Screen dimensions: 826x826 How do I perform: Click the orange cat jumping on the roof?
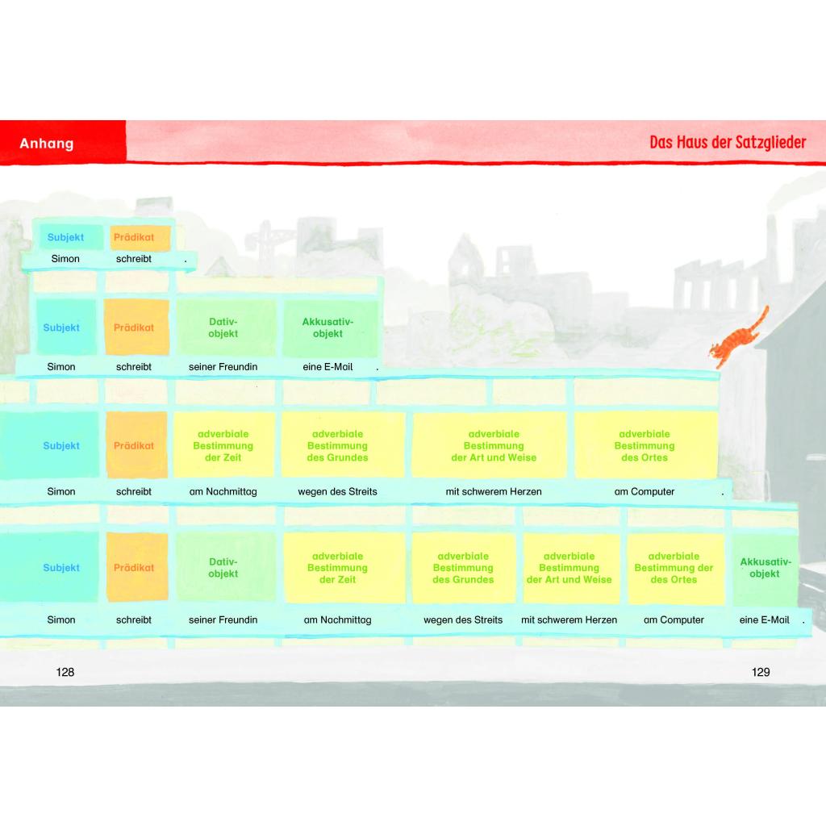736,339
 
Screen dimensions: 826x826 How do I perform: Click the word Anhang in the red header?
46,144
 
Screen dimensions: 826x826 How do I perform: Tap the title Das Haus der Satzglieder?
728,142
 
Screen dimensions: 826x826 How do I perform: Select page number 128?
65,672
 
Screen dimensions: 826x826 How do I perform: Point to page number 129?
760,672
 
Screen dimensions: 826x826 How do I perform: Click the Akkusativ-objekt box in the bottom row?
765,567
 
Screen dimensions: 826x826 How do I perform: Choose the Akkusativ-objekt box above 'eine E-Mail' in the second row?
327,327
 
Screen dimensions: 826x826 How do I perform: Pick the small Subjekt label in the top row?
65,237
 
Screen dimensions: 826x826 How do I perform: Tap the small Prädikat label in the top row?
134,237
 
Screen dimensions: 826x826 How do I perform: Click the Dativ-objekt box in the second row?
223,327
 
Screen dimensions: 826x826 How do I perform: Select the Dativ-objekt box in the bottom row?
223,567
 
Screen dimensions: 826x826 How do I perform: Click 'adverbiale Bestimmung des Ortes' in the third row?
645,445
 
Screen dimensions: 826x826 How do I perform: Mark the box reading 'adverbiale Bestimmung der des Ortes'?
674,567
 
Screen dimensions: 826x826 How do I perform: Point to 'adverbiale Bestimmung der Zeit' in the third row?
223,445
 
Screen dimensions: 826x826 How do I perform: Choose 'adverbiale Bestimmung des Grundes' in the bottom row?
463,567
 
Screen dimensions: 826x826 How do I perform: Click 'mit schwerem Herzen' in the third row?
494,491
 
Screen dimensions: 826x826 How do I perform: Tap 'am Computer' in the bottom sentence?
674,620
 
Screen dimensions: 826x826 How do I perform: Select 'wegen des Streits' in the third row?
338,491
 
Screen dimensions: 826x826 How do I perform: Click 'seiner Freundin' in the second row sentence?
223,367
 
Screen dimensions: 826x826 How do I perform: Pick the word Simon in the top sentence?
65,259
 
